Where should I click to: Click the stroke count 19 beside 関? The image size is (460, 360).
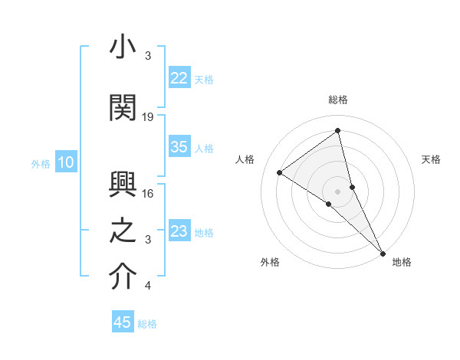(148, 116)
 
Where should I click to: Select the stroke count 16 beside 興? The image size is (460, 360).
(148, 194)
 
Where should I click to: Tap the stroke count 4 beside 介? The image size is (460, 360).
(148, 286)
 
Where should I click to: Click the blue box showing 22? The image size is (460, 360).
(179, 78)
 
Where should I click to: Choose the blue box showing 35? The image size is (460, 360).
(179, 147)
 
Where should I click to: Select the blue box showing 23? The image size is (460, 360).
(179, 231)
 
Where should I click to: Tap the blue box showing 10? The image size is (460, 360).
(66, 162)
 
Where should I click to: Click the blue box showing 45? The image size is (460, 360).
(123, 322)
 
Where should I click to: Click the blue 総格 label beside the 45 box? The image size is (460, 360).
(147, 324)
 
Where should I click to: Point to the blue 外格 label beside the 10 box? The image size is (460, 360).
(41, 163)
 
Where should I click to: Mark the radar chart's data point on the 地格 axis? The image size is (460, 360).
(383, 252)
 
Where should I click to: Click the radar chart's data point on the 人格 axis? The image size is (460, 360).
(280, 172)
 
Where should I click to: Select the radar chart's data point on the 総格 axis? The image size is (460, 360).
(337, 131)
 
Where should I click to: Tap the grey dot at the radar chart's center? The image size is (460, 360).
(337, 190)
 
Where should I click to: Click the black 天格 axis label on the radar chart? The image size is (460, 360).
(431, 159)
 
